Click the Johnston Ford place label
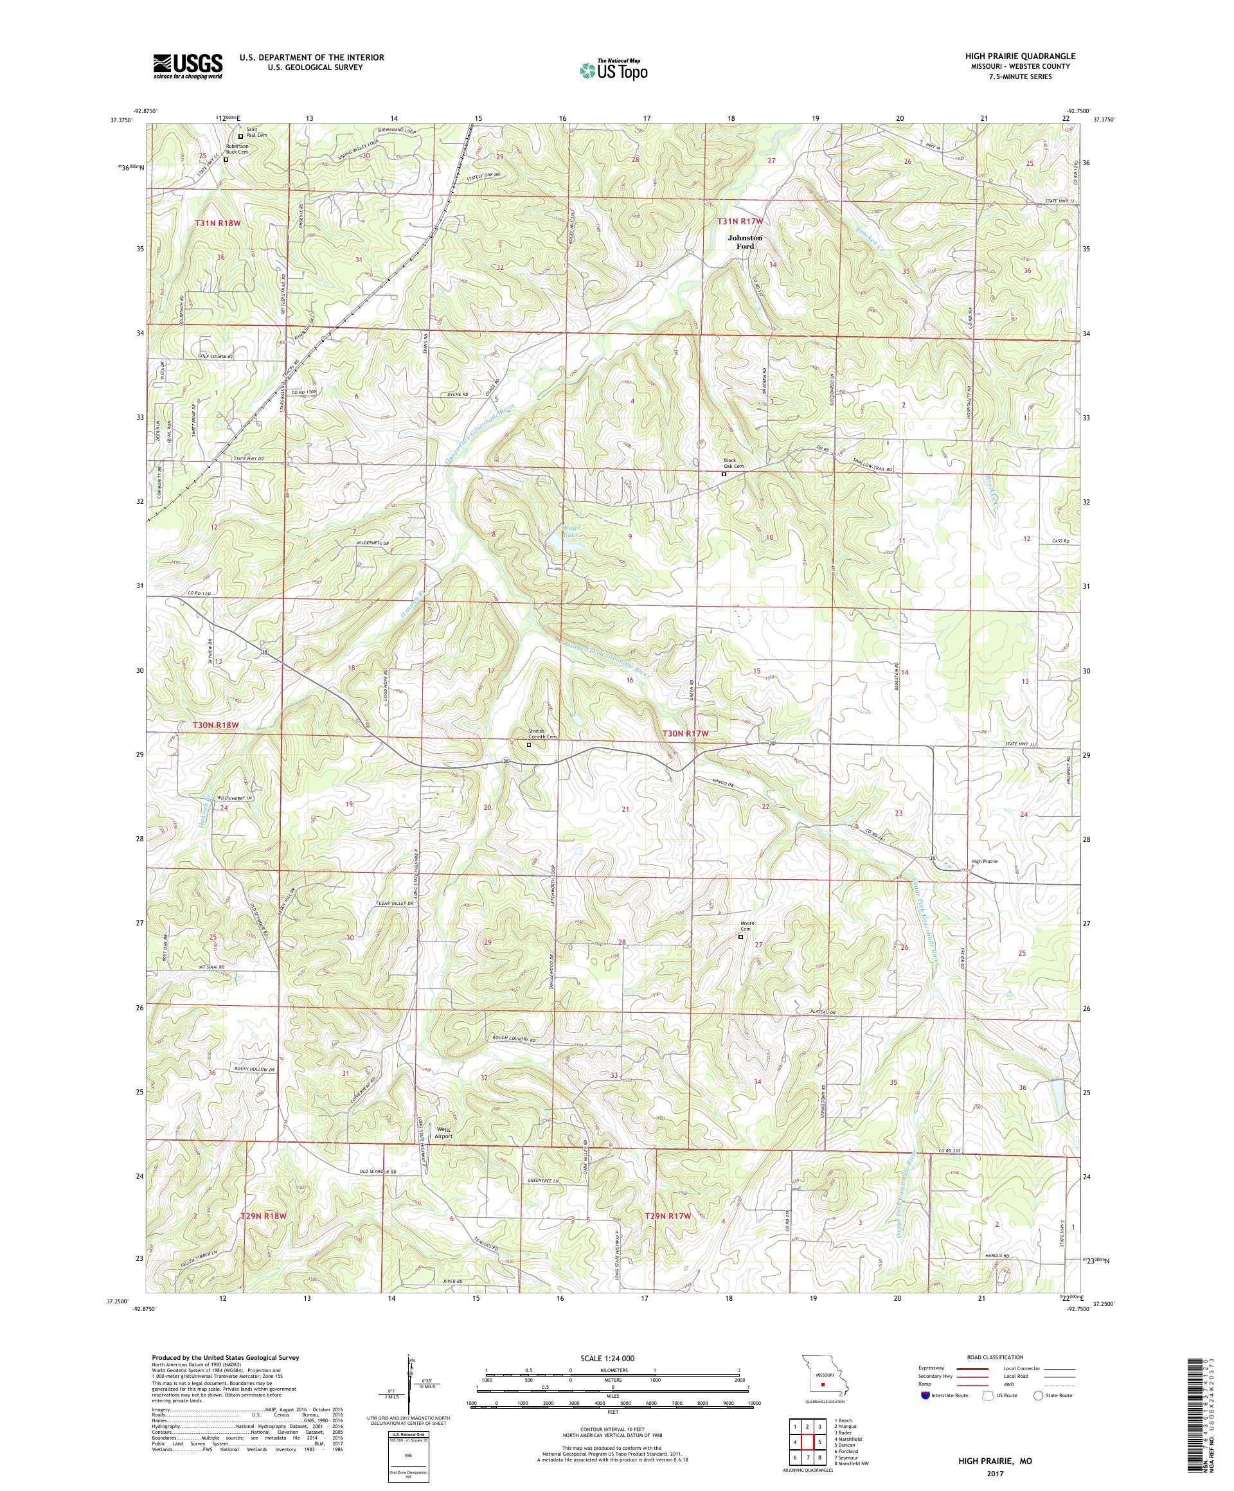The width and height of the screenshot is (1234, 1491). (x=745, y=242)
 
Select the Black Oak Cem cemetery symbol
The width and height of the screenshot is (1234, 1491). (x=724, y=474)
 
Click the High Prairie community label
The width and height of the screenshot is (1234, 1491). (x=984, y=861)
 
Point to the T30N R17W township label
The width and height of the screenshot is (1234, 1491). (x=685, y=733)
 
